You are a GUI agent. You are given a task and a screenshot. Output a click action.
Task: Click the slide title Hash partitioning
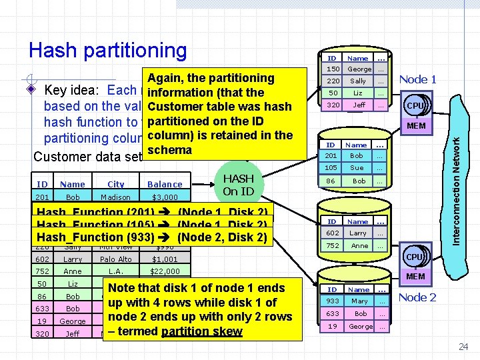coord(108,50)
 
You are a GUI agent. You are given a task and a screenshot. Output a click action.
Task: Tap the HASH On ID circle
coord(238,185)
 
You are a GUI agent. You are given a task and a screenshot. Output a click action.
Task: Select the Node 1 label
coord(417,79)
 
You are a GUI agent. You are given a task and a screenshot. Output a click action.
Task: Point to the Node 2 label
coord(417,297)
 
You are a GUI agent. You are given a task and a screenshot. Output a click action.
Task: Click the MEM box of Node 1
coord(416,125)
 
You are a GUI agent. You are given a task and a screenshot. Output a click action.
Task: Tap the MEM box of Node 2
coord(416,276)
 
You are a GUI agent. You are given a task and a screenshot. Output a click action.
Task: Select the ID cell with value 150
coord(333,69)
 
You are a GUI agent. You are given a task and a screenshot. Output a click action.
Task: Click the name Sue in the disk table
coord(358,168)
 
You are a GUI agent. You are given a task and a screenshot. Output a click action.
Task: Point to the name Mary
coord(359,301)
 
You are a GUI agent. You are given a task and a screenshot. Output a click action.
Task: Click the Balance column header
coord(165,184)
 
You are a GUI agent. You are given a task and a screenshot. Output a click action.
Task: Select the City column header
coord(116,184)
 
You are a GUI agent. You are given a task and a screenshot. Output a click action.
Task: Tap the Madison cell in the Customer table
coord(116,197)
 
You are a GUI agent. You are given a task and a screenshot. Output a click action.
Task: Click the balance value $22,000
coord(165,271)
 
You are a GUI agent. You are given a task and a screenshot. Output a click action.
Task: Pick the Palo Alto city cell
coord(116,259)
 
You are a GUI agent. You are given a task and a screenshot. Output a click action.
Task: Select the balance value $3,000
coord(165,197)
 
